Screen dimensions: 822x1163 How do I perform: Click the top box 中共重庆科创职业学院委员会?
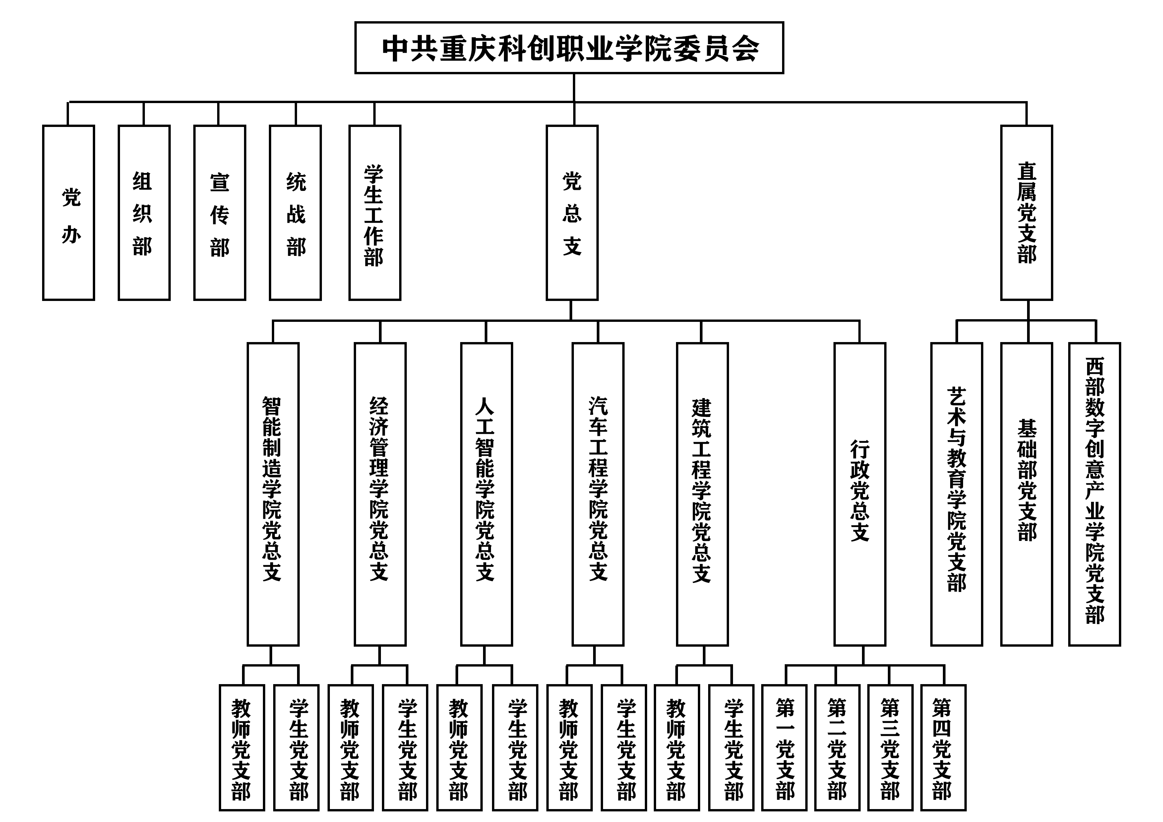pyautogui.click(x=569, y=48)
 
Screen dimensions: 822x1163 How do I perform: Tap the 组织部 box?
pyautogui.click(x=144, y=213)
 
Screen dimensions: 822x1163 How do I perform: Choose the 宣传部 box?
pyautogui.click(x=220, y=213)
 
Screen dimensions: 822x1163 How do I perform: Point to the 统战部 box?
pyautogui.click(x=295, y=213)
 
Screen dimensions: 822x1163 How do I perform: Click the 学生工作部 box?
pyautogui.click(x=375, y=213)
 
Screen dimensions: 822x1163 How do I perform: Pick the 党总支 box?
pyautogui.click(x=572, y=213)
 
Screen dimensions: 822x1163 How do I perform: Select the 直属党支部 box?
pyautogui.click(x=1027, y=213)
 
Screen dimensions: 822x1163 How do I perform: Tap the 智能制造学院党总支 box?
pyautogui.click(x=273, y=494)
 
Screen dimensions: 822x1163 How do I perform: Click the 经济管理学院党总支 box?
pyautogui.click(x=380, y=494)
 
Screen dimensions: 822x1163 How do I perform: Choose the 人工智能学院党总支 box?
pyautogui.click(x=486, y=494)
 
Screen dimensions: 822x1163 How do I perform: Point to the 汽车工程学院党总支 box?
pyautogui.click(x=598, y=494)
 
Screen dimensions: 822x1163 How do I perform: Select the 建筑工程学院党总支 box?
pyautogui.click(x=702, y=494)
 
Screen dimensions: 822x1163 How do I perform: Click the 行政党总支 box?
pyautogui.click(x=860, y=494)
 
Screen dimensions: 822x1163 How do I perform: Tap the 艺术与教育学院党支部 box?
pyautogui.click(x=957, y=494)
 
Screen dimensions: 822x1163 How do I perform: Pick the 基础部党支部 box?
pyautogui.click(x=1027, y=494)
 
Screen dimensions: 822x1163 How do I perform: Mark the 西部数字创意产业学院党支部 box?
pyautogui.click(x=1095, y=494)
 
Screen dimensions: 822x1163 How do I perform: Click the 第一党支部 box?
pyautogui.click(x=785, y=747)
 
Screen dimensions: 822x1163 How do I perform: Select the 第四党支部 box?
pyautogui.click(x=943, y=747)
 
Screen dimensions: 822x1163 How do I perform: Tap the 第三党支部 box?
pyautogui.click(x=890, y=747)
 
